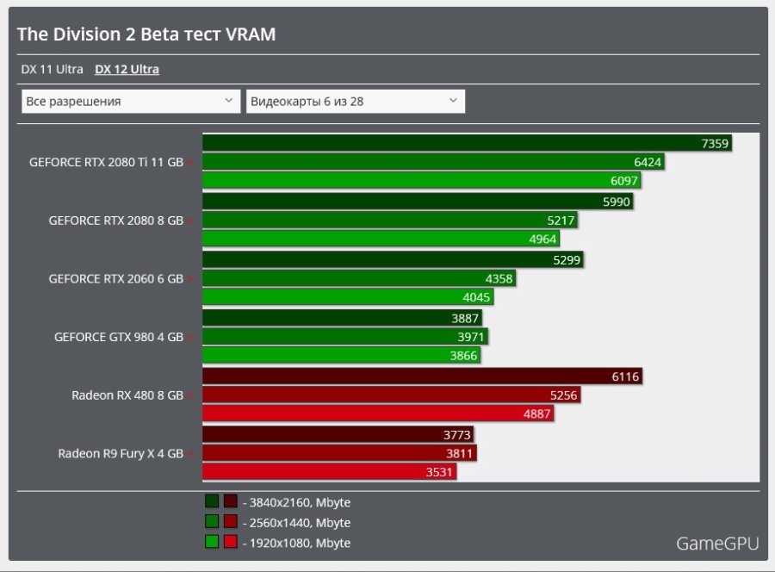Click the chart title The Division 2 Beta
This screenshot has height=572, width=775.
pos(146,34)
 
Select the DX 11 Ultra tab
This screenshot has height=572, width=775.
pos(52,70)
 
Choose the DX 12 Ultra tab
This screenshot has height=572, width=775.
pos(127,70)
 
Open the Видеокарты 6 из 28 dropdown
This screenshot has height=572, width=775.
pos(355,102)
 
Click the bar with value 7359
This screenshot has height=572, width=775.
pos(466,144)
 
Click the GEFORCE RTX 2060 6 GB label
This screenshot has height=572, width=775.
pos(115,278)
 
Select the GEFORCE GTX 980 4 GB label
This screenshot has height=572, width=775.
pos(118,337)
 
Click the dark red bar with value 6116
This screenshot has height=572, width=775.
pos(422,376)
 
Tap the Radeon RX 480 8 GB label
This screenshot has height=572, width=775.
pos(127,395)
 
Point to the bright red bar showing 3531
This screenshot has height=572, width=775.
pos(328,472)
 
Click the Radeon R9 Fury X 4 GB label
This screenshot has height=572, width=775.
pos(120,453)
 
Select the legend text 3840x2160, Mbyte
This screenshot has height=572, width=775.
pos(296,502)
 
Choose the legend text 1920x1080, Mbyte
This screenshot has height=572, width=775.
pos(296,543)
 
